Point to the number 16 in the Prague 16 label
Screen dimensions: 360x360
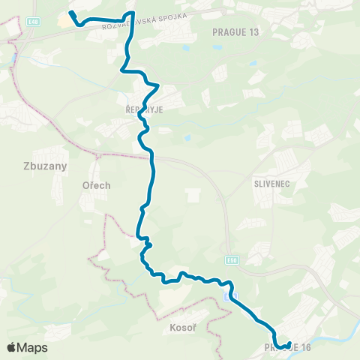[303, 347]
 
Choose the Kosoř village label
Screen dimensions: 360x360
[174, 328]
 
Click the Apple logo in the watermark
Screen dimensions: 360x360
[12, 347]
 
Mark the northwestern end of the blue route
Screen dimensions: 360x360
[70, 13]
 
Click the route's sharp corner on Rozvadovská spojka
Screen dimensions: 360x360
[133, 13]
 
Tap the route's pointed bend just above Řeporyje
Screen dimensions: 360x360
[157, 87]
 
